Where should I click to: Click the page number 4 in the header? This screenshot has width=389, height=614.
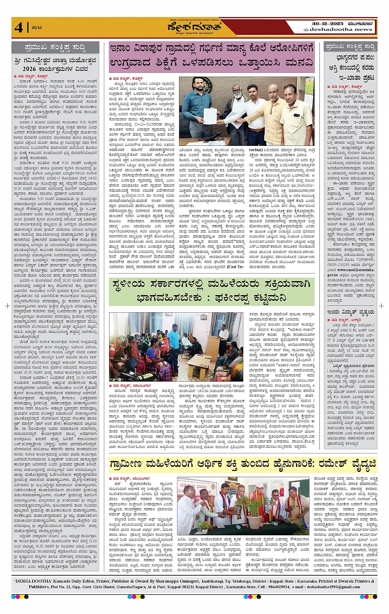[x=19, y=27]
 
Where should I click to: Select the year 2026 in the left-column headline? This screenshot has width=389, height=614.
[x=29, y=68]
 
